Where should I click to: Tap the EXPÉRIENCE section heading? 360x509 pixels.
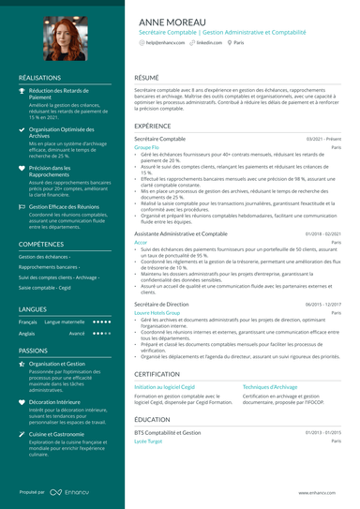(152, 125)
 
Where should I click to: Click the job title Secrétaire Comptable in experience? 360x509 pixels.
(166, 139)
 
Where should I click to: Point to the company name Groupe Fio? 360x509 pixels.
(146, 148)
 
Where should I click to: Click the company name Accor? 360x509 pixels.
(141, 242)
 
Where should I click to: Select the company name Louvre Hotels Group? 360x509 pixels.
(157, 313)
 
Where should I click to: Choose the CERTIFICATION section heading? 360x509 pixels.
(157, 372)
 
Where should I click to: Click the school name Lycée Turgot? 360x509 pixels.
(148, 441)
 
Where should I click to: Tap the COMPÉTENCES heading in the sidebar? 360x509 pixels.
(41, 243)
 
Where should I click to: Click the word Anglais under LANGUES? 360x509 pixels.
(27, 333)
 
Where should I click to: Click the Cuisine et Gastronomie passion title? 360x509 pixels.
(62, 434)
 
